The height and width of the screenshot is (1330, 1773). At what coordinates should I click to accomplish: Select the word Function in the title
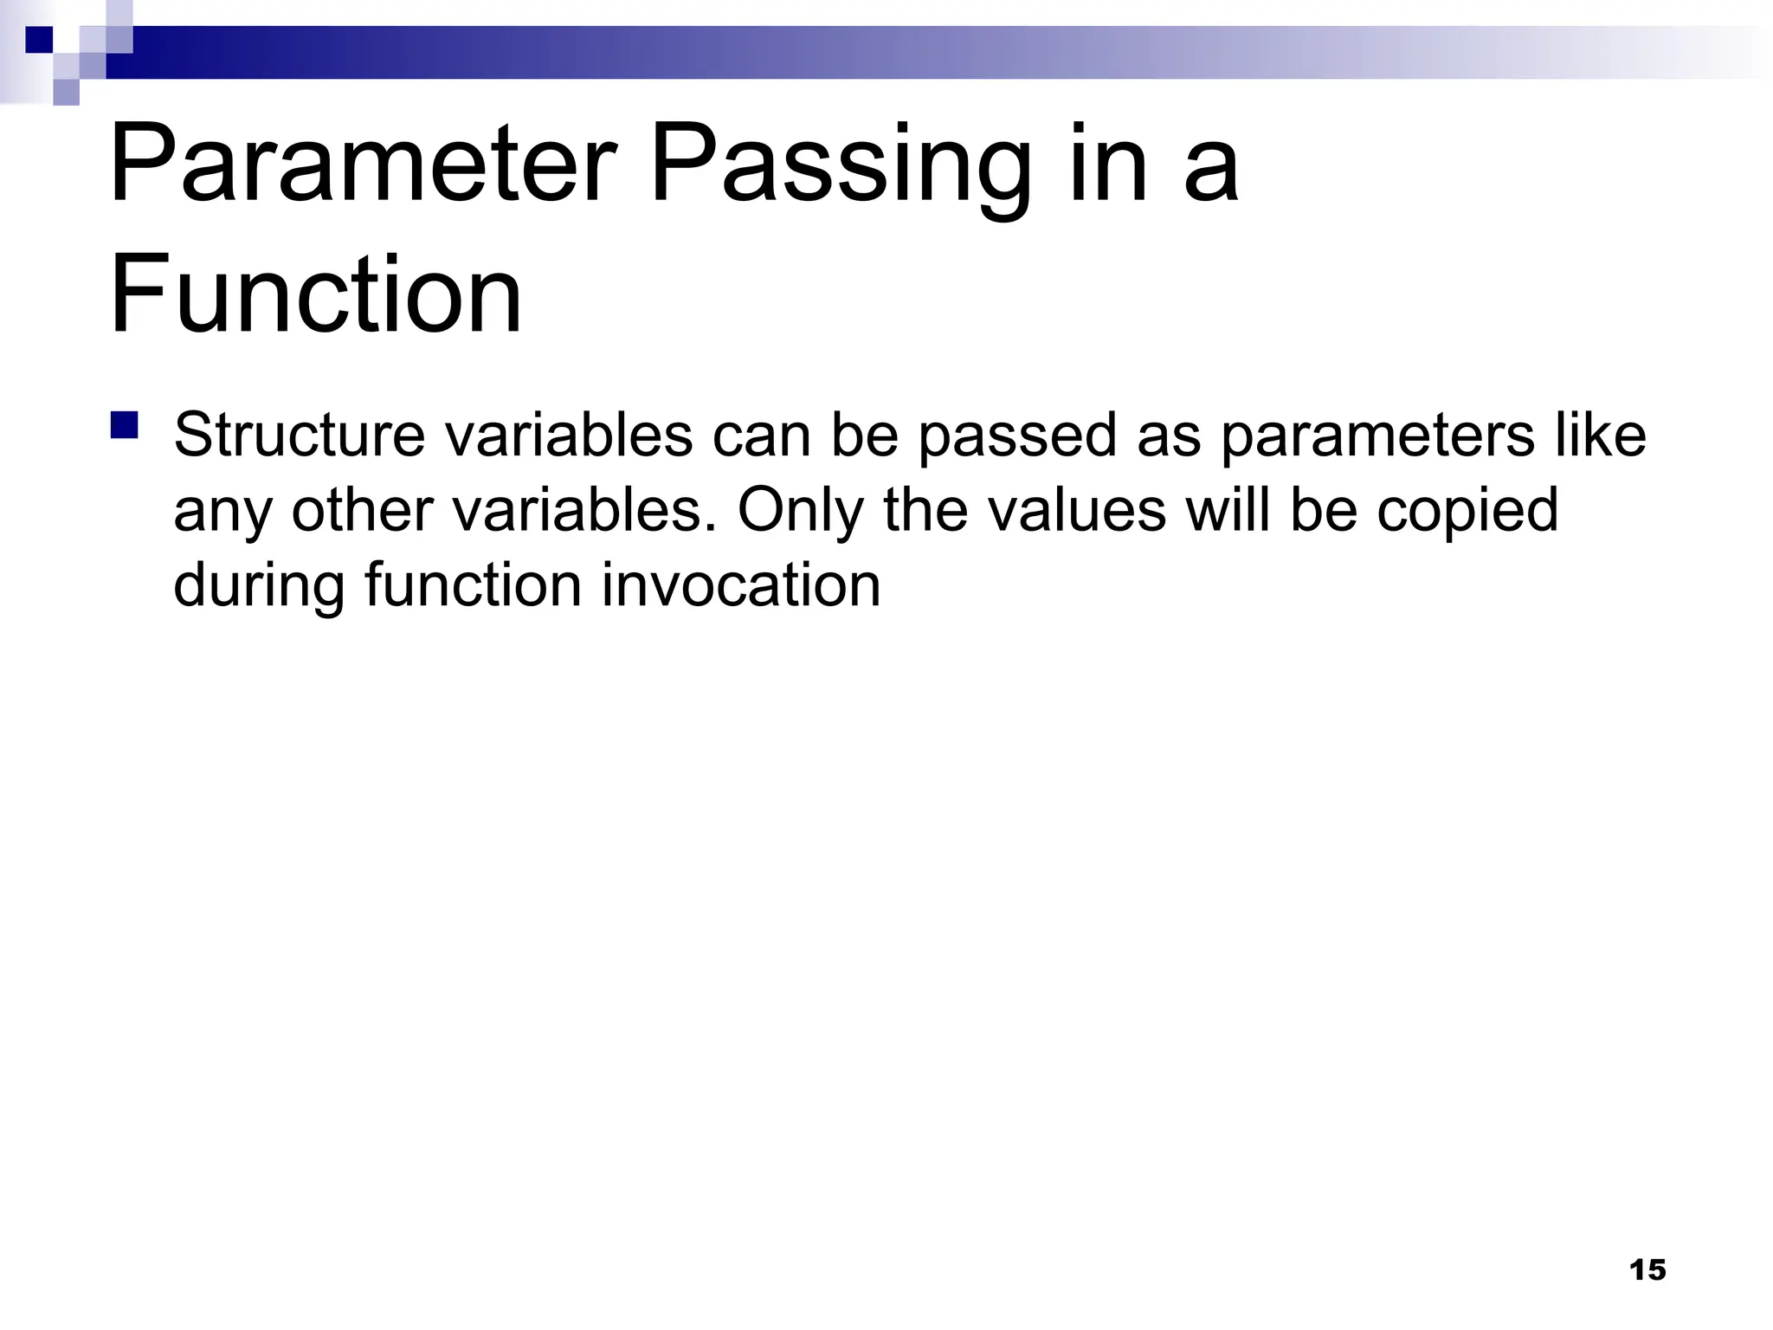(316, 294)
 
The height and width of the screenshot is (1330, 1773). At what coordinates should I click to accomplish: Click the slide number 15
(1647, 1270)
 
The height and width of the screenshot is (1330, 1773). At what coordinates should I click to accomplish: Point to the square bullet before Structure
(125, 426)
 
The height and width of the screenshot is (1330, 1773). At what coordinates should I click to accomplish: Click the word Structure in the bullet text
(300, 436)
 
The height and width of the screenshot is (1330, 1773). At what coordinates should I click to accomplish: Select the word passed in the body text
(1016, 436)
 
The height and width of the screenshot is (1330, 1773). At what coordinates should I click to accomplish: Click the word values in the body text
(1077, 511)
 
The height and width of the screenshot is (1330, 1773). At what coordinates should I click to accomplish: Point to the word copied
(1467, 511)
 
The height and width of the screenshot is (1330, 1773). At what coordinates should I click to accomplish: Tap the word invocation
(741, 586)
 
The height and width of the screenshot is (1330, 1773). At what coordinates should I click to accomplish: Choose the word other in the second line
(363, 511)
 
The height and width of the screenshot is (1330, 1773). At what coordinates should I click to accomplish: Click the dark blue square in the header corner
(39, 40)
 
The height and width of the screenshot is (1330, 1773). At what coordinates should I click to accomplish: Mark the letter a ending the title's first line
(1211, 165)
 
